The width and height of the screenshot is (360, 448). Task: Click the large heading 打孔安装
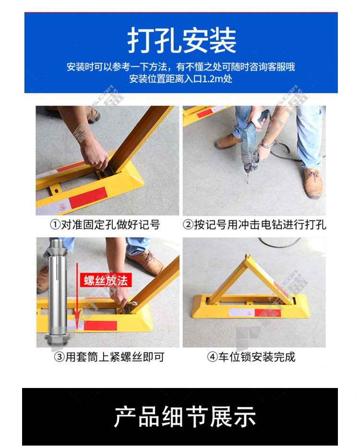point(182,40)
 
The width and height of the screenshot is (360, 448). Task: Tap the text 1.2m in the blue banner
point(213,79)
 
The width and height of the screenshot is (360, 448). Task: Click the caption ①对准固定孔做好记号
point(105,225)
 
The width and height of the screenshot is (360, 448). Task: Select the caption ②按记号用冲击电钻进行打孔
point(254,225)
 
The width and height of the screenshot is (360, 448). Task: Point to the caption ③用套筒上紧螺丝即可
point(109,357)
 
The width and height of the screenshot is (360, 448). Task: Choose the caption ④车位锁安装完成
point(251,357)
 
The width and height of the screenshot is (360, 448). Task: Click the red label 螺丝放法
point(106,280)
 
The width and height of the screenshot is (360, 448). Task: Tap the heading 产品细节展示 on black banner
point(185,417)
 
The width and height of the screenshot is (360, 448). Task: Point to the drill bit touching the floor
point(248,178)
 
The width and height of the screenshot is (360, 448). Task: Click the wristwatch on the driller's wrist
point(267,145)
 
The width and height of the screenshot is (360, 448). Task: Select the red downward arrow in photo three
point(77,294)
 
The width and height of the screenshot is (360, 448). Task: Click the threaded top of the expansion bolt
point(58,244)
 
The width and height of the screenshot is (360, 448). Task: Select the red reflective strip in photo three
point(100,326)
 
